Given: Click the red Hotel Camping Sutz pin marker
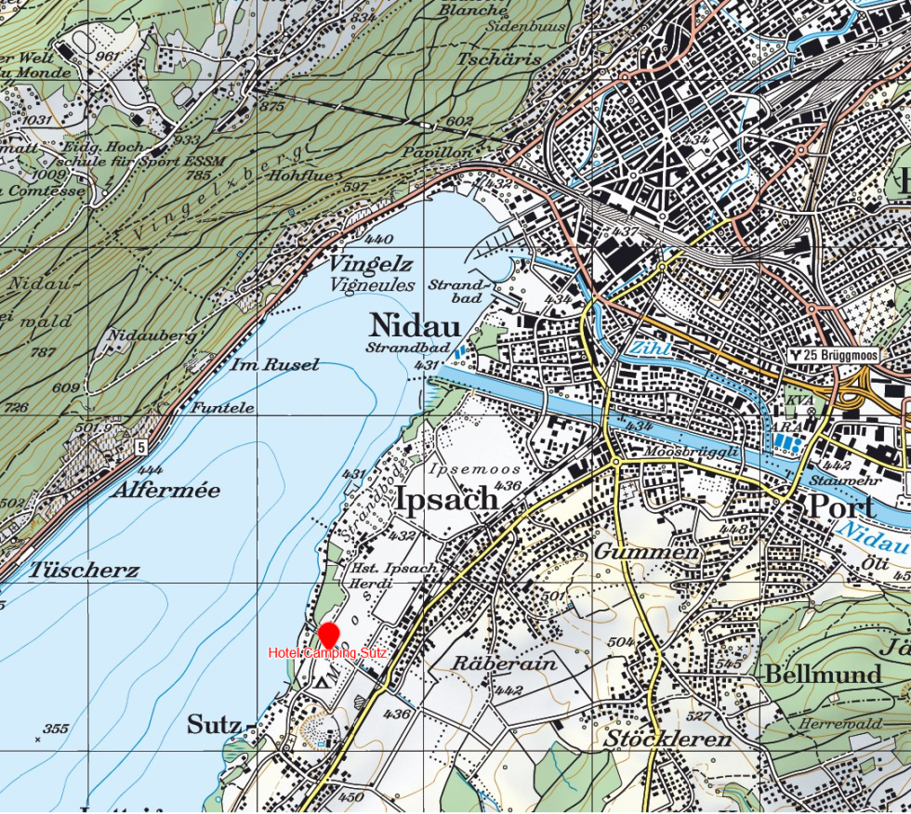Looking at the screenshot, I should [328, 636].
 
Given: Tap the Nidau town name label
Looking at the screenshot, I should [415, 326].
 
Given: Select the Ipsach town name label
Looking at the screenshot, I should [447, 499].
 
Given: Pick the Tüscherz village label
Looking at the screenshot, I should [84, 570].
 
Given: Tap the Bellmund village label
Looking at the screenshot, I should [822, 675].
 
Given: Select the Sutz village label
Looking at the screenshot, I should [215, 725].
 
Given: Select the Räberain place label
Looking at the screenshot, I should [505, 663].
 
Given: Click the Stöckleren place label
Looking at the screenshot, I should [667, 741].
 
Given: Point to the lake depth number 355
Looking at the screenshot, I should [56, 729].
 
